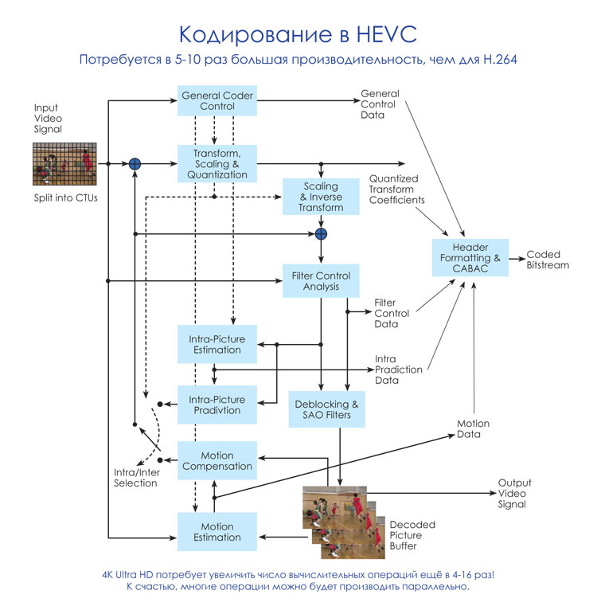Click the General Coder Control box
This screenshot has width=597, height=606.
click(x=217, y=101)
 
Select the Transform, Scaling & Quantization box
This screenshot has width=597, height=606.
click(x=217, y=163)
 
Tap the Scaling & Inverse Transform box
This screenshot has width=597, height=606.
click(x=322, y=197)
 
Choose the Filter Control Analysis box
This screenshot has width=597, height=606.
click(x=322, y=281)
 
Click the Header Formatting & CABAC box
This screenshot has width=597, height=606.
click(x=470, y=258)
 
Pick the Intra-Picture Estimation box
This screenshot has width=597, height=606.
click(x=217, y=344)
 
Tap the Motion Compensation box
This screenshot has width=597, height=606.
click(x=217, y=461)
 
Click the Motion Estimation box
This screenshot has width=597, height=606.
click(x=217, y=532)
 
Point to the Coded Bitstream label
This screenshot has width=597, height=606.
click(x=548, y=260)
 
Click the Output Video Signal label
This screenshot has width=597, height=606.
click(x=514, y=493)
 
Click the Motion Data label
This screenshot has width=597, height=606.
click(x=473, y=428)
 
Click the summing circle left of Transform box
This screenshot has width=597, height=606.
click(x=135, y=163)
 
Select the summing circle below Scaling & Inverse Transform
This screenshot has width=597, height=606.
click(x=321, y=233)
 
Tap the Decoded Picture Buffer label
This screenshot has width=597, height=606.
click(x=412, y=535)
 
